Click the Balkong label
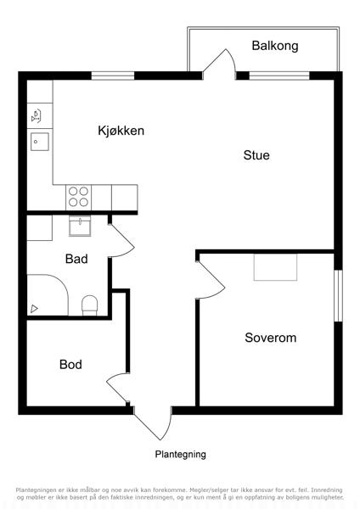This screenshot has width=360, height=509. point(275,46)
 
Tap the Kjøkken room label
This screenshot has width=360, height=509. point(121,131)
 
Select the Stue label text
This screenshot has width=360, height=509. point(256,155)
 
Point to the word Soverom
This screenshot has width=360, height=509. point(270,338)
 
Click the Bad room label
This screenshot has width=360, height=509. point(76,259)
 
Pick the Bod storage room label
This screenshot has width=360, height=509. point(70,364)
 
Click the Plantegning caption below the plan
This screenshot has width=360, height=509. point(180,454)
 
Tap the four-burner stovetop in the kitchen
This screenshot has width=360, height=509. point(79,198)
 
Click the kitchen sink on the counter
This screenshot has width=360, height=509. point(40,142)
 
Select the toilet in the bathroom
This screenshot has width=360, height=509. point(89,305)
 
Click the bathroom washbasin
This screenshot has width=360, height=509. point(80,226)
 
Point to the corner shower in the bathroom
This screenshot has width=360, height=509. point(48,294)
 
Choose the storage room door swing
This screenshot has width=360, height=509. point(117,388)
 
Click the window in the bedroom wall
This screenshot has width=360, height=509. point(338,296)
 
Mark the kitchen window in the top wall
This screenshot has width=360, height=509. point(113,76)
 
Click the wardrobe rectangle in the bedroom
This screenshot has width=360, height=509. point(276,267)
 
